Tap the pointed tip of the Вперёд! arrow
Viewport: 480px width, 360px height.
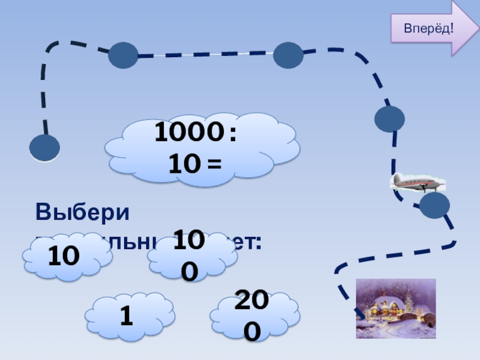tap(474, 28)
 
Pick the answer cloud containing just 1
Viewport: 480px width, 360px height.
tap(127, 316)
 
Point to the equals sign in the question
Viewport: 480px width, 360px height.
tap(214, 163)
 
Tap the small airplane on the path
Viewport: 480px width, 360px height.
tap(417, 181)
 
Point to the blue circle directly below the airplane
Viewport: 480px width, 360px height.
tap(434, 206)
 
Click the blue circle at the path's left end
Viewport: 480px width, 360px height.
tap(44, 148)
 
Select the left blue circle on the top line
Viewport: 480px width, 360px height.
tap(123, 55)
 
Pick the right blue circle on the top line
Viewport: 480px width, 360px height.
tap(288, 55)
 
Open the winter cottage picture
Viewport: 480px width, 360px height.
tap(395, 308)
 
